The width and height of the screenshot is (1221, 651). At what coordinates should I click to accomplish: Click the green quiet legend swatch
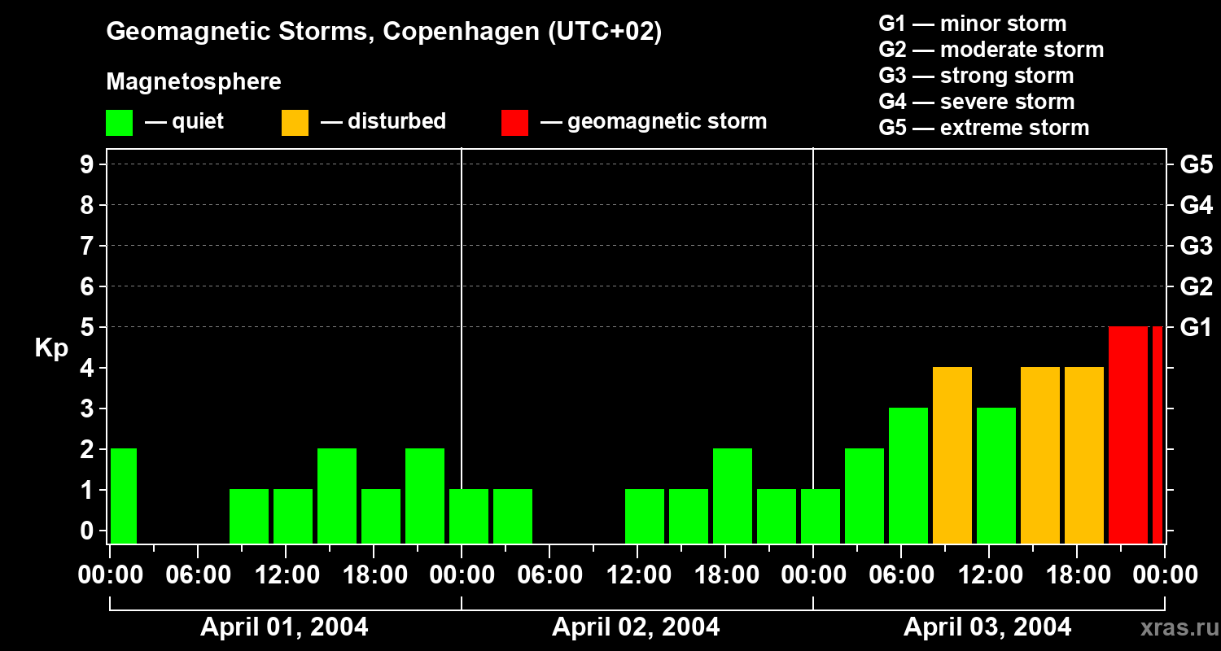[119, 122]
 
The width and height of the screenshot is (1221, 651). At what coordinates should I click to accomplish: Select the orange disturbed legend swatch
[295, 122]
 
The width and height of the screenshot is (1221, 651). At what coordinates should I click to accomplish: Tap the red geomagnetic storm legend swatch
[514, 122]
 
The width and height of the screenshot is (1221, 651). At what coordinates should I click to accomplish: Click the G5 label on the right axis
[1196, 165]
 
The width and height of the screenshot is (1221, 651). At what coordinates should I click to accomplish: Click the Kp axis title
[51, 348]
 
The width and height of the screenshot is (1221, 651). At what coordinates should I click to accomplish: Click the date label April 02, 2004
[636, 627]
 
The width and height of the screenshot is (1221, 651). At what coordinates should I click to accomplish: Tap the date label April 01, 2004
[284, 627]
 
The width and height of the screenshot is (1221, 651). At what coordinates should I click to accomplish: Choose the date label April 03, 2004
[987, 627]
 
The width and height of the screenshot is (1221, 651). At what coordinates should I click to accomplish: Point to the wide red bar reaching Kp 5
[1127, 435]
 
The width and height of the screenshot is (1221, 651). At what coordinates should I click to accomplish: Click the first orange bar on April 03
[952, 455]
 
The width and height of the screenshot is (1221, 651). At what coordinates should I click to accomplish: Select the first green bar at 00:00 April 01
[124, 496]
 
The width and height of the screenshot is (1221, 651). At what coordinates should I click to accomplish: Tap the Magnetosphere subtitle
[194, 82]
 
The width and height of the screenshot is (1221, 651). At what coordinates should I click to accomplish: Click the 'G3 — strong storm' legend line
[976, 76]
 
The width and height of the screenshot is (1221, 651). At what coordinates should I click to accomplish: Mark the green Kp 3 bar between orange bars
[996, 475]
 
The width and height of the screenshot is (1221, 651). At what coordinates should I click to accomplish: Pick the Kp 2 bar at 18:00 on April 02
[733, 496]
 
